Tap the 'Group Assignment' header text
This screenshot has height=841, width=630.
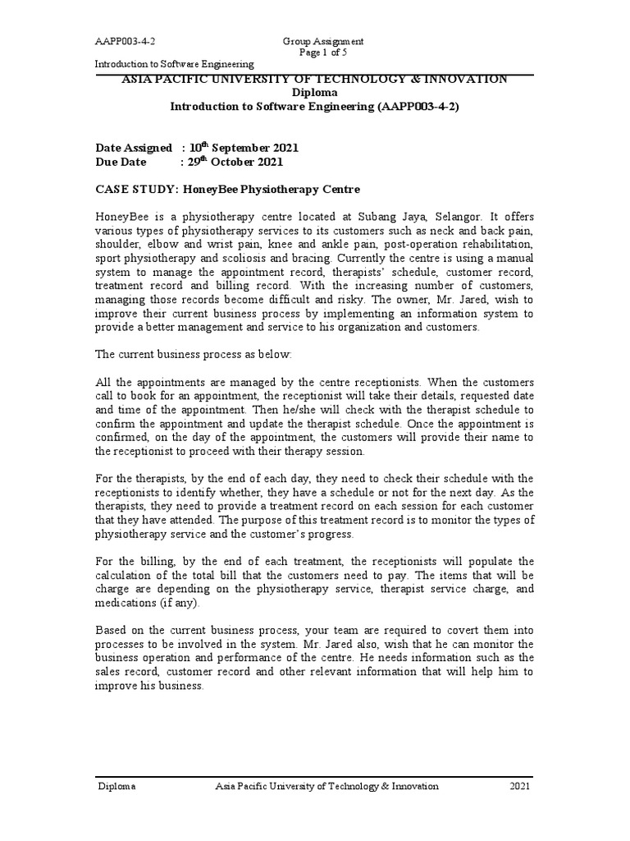pyautogui.click(x=322, y=41)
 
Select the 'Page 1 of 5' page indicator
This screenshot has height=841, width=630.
pyautogui.click(x=322, y=53)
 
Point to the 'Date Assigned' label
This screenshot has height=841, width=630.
pyautogui.click(x=134, y=148)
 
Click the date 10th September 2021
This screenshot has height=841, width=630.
pyautogui.click(x=243, y=148)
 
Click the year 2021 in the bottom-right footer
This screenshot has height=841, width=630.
pyautogui.click(x=520, y=786)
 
